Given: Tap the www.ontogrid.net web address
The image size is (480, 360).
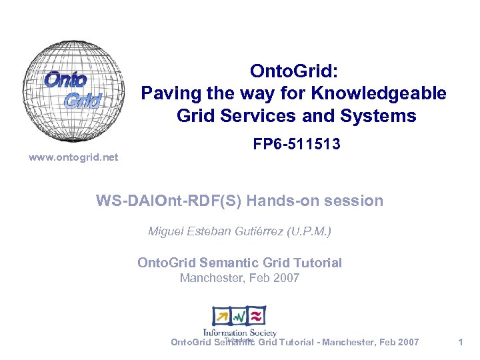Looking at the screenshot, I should [x=73, y=157].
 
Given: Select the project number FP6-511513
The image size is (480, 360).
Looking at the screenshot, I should [x=297, y=143].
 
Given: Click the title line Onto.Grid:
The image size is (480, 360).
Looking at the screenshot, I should [x=294, y=71].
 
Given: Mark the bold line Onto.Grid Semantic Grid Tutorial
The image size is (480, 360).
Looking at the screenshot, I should [x=239, y=263].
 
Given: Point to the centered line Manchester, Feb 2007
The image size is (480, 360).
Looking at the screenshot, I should [x=239, y=278].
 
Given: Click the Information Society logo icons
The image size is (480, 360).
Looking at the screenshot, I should [x=239, y=316].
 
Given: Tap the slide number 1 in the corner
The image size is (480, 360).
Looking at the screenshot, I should [x=460, y=342].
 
